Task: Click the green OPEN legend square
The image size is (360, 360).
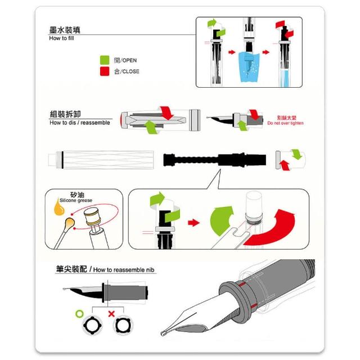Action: [105, 60]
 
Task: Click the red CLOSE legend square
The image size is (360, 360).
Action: [105, 71]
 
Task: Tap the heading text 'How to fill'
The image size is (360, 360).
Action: [61, 38]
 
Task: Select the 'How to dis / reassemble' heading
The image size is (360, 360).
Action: [80, 123]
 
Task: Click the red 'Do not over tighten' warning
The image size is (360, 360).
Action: [285, 123]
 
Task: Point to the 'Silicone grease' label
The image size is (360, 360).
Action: [76, 200]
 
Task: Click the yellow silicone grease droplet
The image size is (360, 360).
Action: [58, 208]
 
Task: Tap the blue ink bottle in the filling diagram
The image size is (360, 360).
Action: [249, 67]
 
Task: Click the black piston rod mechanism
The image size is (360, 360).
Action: [215, 159]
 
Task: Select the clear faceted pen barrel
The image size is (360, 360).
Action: [101, 160]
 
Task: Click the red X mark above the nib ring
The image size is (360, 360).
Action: [111, 314]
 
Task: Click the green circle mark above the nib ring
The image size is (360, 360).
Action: [79, 314]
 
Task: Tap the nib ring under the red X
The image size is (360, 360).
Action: [123, 325]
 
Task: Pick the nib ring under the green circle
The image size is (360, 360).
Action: [92, 325]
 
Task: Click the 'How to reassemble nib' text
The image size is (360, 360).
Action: [124, 270]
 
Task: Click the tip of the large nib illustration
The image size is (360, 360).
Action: [163, 334]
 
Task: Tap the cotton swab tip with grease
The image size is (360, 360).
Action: [69, 223]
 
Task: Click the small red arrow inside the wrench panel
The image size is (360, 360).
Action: [193, 223]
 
